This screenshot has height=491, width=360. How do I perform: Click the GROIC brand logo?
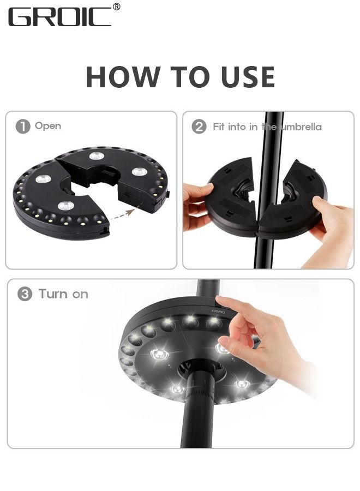click(x=60, y=16)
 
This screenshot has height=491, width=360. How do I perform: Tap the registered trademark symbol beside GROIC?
click(x=116, y=7)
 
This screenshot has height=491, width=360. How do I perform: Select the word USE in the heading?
click(x=248, y=77)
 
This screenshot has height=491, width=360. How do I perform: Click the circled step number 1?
click(x=23, y=127)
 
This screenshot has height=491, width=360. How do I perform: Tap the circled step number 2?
click(x=199, y=127)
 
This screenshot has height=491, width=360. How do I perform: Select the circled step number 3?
click(x=25, y=295)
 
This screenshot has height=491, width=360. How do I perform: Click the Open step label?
click(x=48, y=126)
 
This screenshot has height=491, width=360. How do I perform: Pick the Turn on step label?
click(x=63, y=295)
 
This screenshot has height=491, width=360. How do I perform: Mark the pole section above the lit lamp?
click(x=207, y=289)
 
